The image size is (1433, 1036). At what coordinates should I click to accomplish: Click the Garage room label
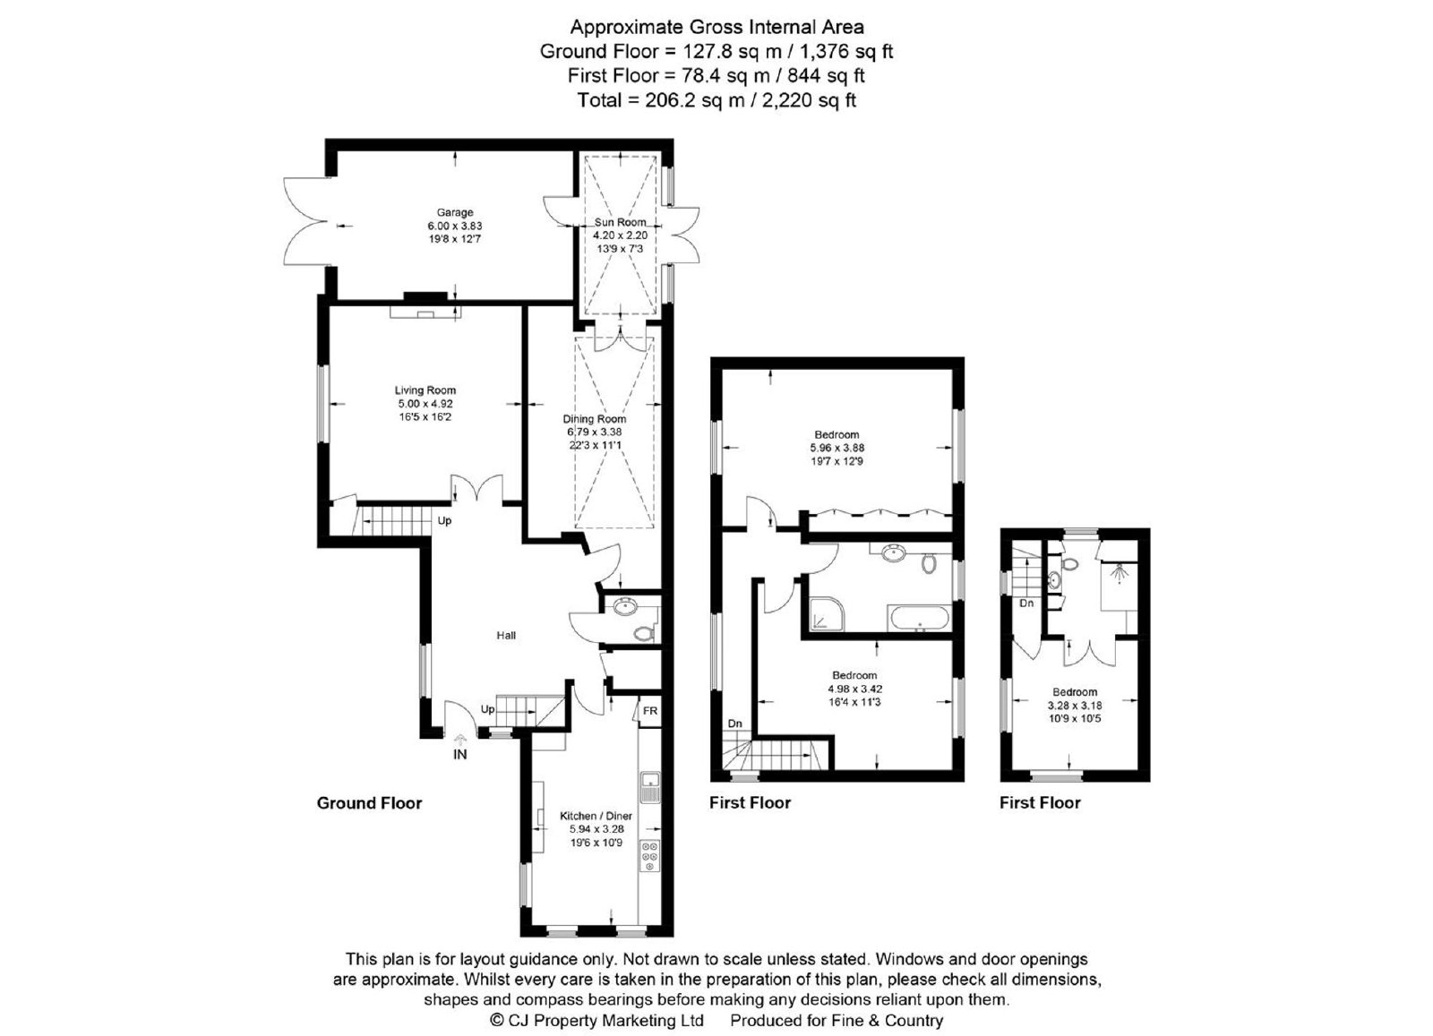coord(455,212)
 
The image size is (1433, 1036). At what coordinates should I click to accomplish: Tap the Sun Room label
coord(620,222)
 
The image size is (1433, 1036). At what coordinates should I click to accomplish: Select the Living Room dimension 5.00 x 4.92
coord(425,404)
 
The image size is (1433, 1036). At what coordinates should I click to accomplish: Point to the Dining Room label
coord(595,419)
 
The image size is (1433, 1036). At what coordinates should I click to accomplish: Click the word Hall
coord(506,635)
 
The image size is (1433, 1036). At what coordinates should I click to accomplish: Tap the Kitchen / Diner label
coord(596,816)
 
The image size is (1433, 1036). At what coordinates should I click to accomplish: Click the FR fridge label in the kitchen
coord(650,711)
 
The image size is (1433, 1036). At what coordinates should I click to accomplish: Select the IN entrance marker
coord(460,755)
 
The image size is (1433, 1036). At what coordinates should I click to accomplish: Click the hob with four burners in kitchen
coord(649,855)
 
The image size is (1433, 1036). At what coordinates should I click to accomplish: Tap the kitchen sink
coord(649,786)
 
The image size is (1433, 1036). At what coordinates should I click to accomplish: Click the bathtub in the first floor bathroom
coord(919,619)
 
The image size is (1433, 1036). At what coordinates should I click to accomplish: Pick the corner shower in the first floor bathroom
coord(827,614)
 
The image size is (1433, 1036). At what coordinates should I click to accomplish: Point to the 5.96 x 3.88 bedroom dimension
coord(837,448)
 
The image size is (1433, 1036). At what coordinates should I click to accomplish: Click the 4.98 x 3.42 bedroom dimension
coord(854,689)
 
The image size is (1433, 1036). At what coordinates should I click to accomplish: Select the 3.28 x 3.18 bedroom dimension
coord(1075,706)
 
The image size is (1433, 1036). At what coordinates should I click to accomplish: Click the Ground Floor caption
coord(369,803)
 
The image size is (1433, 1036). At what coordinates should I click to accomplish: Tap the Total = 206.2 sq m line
coord(716,100)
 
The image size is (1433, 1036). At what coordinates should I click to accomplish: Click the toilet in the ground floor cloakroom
coord(644,634)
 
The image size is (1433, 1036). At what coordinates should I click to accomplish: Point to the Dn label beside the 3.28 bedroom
coord(1026,603)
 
